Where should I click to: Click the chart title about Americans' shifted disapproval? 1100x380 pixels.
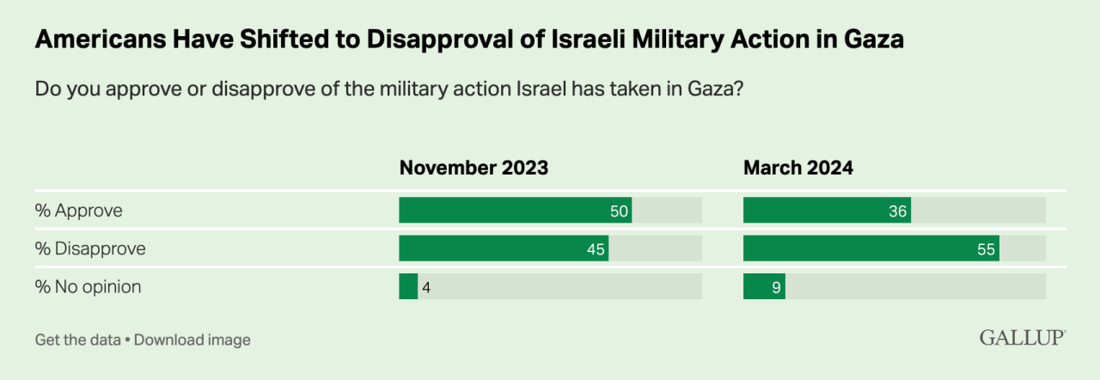tap(468, 40)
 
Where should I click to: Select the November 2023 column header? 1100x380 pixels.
tap(474, 168)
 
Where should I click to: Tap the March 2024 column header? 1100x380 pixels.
tap(797, 168)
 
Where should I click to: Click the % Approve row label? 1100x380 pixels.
tap(78, 211)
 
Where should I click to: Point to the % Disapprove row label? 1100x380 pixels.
tap(90, 249)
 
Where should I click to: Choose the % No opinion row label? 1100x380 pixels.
tap(88, 287)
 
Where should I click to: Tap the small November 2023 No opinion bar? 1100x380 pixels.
tap(408, 287)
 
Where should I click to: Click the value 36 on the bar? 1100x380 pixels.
tap(898, 211)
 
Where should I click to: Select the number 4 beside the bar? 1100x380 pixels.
tap(426, 287)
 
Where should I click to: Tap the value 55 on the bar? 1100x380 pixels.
tap(986, 250)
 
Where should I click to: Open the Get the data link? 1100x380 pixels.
tap(77, 340)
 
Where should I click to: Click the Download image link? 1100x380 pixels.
tap(192, 340)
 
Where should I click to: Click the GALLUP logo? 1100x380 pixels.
tap(1022, 338)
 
